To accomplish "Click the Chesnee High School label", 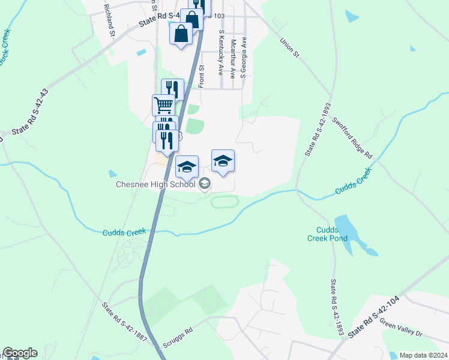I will (x=157, y=184).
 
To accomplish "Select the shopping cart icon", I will (x=164, y=105).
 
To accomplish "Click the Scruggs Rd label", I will (x=178, y=338).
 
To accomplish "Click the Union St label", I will (x=289, y=49).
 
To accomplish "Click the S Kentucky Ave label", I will (x=221, y=55).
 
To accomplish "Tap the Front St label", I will (x=202, y=76).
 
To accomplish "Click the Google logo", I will (x=20, y=353).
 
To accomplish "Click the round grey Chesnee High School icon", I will (x=205, y=184).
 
